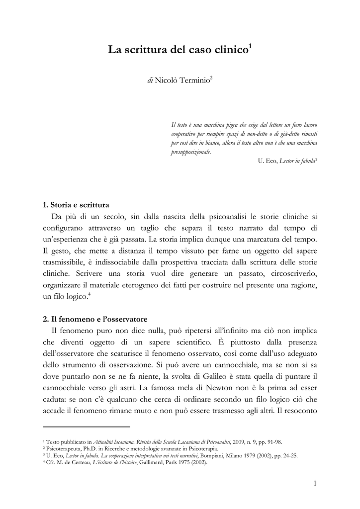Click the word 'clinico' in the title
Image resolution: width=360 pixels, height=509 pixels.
(x=228, y=50)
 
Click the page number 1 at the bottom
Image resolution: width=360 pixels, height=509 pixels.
(x=315, y=483)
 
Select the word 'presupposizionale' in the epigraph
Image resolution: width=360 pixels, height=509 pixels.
(x=190, y=152)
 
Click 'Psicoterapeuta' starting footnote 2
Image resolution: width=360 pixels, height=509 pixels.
(x=62, y=448)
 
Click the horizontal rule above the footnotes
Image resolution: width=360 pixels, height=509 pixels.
(x=87, y=426)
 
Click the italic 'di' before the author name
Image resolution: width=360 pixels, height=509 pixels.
(x=150, y=80)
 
